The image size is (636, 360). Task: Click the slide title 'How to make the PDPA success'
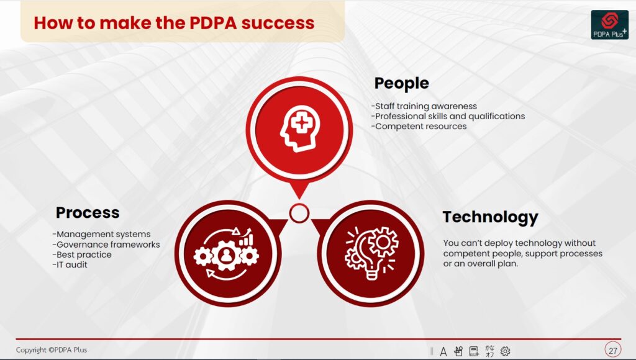[174, 23]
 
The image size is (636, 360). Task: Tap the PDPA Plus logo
[610, 25]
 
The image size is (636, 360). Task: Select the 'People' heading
[402, 83]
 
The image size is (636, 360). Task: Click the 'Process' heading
[88, 212]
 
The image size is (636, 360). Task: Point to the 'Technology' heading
[490, 217]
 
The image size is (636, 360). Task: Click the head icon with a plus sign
[300, 128]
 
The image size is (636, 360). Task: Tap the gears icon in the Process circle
[226, 254]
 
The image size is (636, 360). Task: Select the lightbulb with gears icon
[371, 253]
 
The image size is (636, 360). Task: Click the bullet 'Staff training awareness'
[424, 106]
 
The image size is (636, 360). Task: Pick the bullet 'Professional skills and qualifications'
[448, 116]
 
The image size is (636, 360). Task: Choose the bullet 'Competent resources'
[419, 127]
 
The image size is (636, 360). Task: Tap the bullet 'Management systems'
[101, 235]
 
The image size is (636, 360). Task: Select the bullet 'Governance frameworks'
[106, 245]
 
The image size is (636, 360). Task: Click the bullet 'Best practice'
[82, 254]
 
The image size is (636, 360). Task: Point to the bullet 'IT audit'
[70, 265]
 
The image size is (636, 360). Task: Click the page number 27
[613, 350]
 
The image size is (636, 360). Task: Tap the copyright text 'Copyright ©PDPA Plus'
[52, 350]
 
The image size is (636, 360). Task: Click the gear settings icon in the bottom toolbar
[505, 351]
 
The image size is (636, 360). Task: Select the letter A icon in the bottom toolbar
[443, 351]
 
